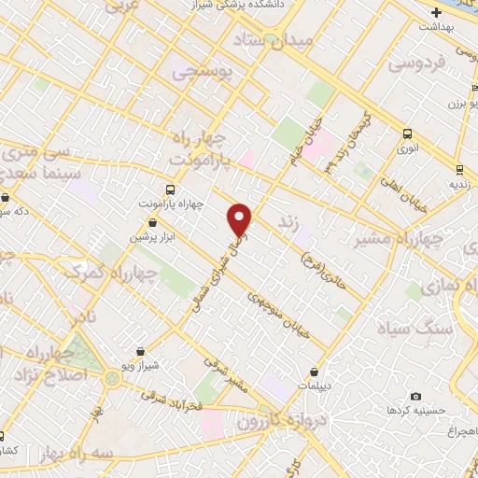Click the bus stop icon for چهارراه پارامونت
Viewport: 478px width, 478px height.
click(169, 188)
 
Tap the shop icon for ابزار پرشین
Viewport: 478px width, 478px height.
click(153, 223)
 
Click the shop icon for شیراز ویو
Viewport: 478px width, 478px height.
click(140, 352)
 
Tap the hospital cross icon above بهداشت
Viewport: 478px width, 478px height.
click(435, 13)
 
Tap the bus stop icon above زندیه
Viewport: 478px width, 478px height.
click(458, 168)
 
